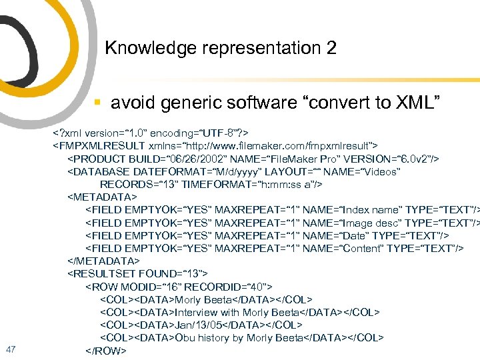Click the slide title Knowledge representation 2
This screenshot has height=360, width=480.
tap(221, 48)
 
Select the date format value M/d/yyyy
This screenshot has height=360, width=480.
tap(231, 171)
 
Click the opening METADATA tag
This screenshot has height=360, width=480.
tap(102, 197)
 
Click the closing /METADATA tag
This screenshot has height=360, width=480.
tap(104, 261)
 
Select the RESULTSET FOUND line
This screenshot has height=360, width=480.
tap(138, 273)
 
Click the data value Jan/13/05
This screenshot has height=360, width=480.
tap(198, 325)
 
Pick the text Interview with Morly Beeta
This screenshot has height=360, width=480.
tap(237, 312)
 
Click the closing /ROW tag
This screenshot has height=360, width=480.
tap(105, 351)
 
